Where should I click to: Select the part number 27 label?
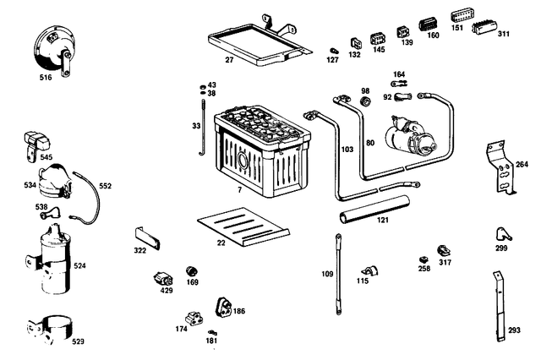[x=228, y=61]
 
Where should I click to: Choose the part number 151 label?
[x=456, y=28]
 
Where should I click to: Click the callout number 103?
[x=347, y=150]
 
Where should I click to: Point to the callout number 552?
[x=105, y=186]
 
